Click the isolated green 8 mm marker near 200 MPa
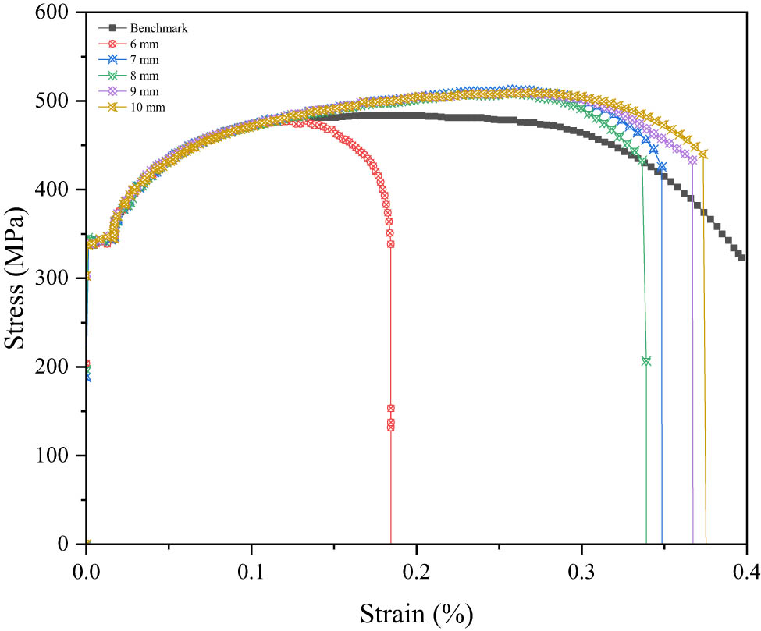(646, 361)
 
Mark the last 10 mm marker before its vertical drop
(703, 154)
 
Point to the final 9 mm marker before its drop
(692, 161)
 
